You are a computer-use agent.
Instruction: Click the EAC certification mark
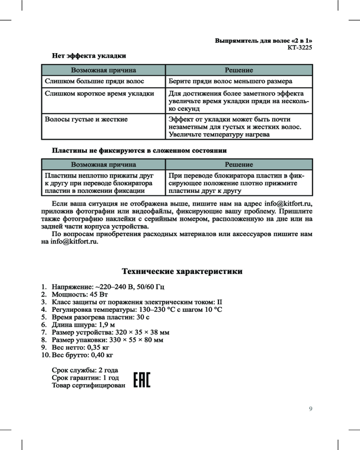tap(142, 380)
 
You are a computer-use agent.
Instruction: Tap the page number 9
tap(310, 409)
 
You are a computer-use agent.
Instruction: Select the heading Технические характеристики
tap(183, 272)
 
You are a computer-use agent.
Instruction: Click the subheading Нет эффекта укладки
tap(89, 56)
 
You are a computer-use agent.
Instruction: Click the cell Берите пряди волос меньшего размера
tap(230, 81)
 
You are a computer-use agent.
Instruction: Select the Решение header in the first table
tap(239, 70)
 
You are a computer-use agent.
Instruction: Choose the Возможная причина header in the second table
tap(103, 165)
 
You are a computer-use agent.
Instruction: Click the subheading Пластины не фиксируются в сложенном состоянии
tap(139, 150)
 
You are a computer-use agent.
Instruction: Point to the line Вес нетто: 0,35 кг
tap(81, 347)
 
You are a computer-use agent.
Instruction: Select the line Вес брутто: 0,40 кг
tap(82, 355)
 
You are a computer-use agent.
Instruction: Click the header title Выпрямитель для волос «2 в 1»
tap(263, 40)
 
